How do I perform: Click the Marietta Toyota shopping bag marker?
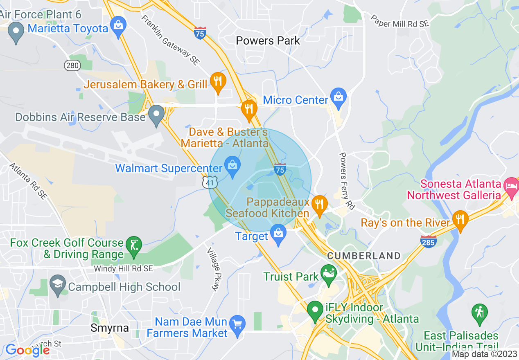click(x=118, y=26)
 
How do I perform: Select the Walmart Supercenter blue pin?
click(x=232, y=166)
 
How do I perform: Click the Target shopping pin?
click(x=278, y=234)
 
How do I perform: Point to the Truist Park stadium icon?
click(x=329, y=272)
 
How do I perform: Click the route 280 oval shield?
click(x=72, y=65)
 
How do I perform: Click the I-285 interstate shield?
click(x=428, y=241)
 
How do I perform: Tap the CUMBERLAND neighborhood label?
click(x=363, y=256)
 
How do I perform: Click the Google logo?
click(x=27, y=350)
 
